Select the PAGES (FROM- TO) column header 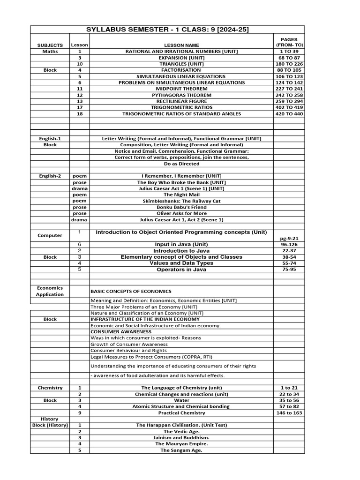click(289, 42)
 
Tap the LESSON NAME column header click(180, 45)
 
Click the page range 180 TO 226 click(289, 64)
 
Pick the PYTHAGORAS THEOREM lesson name click(181, 95)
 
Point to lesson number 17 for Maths click(80, 107)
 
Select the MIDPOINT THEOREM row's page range click(289, 89)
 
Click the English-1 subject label click(50, 139)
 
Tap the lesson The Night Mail click(181, 195)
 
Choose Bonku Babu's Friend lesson click(181, 207)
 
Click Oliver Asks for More click(181, 213)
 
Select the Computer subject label click(50, 235)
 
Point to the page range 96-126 click(289, 245)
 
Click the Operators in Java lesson click(181, 270)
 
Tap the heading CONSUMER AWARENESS click(118, 332)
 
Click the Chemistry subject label click(50, 388)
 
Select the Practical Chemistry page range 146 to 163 click(289, 413)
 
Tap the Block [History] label click(50, 425)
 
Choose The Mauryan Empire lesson click(181, 443)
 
